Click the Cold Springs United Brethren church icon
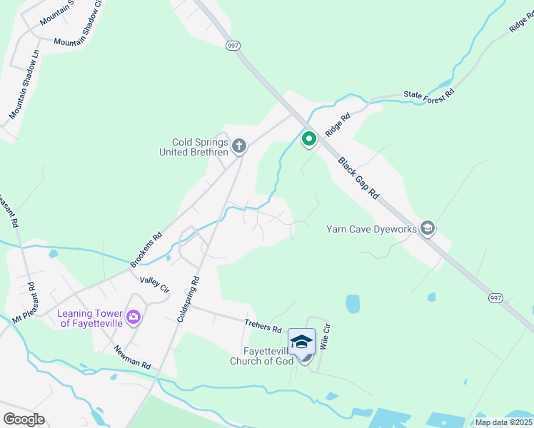coord(238,147)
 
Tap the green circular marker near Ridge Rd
coord(308,138)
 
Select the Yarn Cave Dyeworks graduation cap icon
coord(428,228)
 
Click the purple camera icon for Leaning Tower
coord(133,317)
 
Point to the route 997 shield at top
coord(233,46)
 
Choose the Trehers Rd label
coord(263,326)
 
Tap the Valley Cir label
coord(154,285)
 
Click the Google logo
coord(24,419)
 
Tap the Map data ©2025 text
coord(503,422)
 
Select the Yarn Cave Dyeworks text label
coord(370,229)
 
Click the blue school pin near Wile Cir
coord(301,342)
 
